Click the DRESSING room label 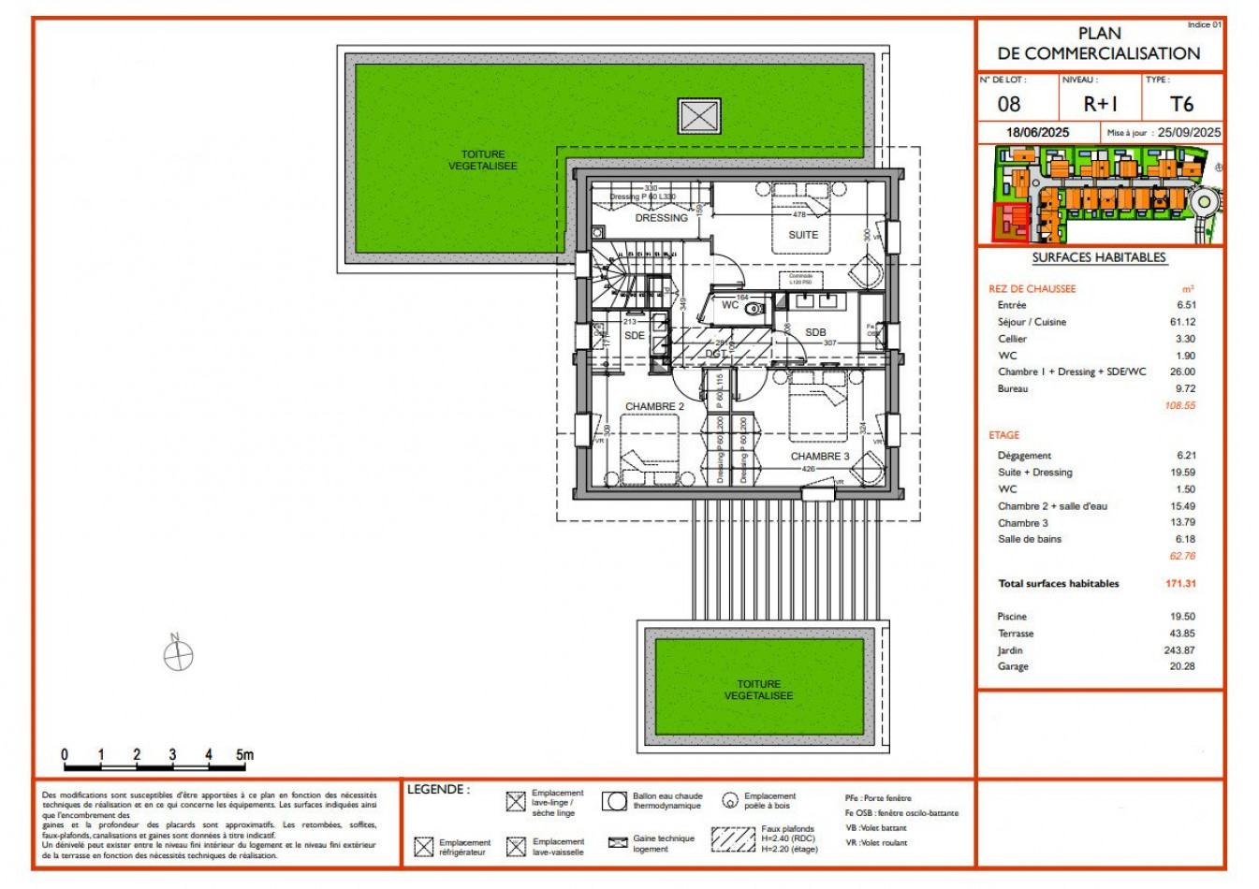pyautogui.click(x=661, y=218)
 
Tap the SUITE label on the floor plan pyautogui.click(x=803, y=235)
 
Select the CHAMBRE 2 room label pyautogui.click(x=654, y=407)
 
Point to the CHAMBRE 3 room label pyautogui.click(x=820, y=457)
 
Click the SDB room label pyautogui.click(x=815, y=332)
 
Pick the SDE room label pyautogui.click(x=635, y=335)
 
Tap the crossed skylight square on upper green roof pyautogui.click(x=699, y=117)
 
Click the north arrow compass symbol pyautogui.click(x=178, y=655)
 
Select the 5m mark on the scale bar pyautogui.click(x=244, y=755)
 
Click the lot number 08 pyautogui.click(x=1009, y=105)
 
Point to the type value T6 pyautogui.click(x=1182, y=105)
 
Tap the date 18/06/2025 pyautogui.click(x=1037, y=133)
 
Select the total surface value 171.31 pyautogui.click(x=1180, y=584)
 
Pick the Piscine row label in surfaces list pyautogui.click(x=1012, y=617)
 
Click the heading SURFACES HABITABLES pyautogui.click(x=1099, y=257)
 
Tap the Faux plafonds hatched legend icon pyautogui.click(x=733, y=839)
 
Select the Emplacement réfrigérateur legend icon pyautogui.click(x=424, y=847)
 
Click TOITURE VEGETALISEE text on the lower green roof pyautogui.click(x=758, y=691)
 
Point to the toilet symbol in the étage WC pyautogui.click(x=754, y=308)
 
